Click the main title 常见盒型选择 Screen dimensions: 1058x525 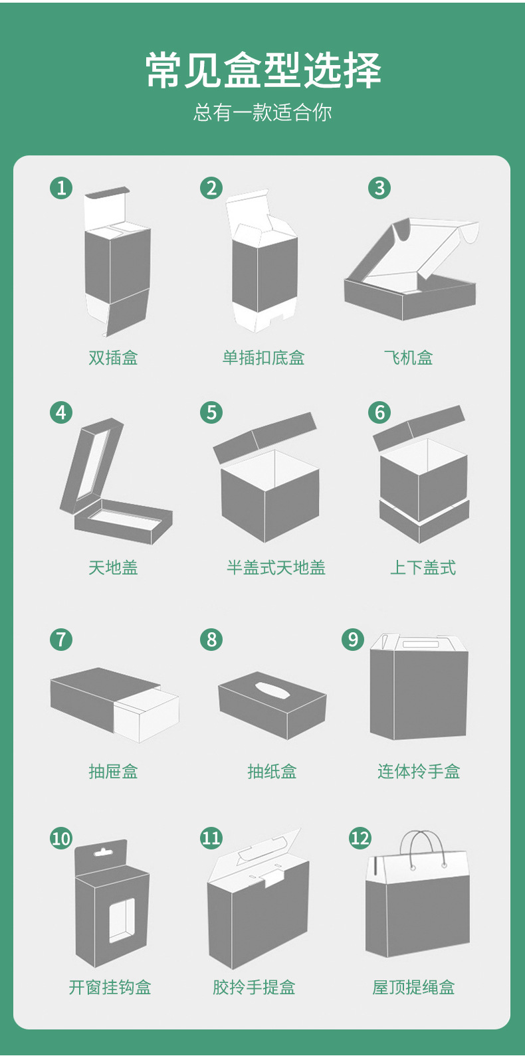click(263, 70)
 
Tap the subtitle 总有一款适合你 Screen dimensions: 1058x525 click(262, 112)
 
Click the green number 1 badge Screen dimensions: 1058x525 click(61, 188)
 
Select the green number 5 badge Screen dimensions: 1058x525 click(211, 412)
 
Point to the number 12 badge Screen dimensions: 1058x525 click(360, 838)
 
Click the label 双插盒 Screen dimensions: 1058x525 click(113, 358)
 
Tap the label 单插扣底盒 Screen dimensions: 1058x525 click(263, 358)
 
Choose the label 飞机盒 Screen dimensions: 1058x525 click(408, 358)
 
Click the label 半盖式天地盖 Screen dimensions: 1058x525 click(276, 568)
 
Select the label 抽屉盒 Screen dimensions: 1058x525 click(113, 771)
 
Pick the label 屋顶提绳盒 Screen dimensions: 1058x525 click(413, 988)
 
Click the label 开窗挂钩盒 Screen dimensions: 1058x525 click(110, 988)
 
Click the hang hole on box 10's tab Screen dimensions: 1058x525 click(102, 851)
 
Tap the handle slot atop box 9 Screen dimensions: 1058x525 click(421, 644)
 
